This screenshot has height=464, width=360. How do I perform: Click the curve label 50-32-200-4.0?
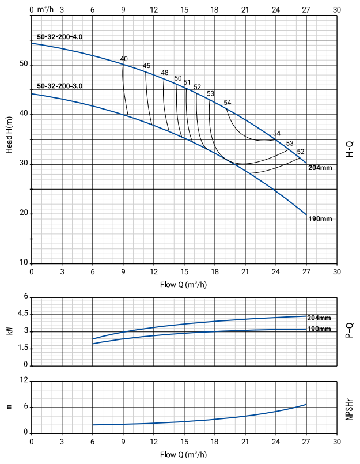click(x=60, y=37)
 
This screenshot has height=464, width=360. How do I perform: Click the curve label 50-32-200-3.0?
click(x=60, y=86)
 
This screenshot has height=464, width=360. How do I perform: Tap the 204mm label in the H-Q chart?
click(x=320, y=168)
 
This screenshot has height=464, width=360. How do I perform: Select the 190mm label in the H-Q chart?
click(x=320, y=219)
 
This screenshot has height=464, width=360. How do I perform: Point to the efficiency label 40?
click(x=124, y=59)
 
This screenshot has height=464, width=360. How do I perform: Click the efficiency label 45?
click(x=146, y=66)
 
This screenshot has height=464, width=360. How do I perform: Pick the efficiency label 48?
click(x=165, y=73)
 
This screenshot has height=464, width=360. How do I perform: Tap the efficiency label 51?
click(x=187, y=82)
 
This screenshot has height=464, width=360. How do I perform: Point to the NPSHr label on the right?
click(x=349, y=408)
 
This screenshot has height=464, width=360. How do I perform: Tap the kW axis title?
click(x=9, y=331)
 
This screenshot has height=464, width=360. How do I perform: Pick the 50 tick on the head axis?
click(x=24, y=64)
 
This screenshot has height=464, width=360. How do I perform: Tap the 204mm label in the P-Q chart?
click(x=319, y=318)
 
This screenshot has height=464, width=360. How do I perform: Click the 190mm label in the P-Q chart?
click(x=319, y=329)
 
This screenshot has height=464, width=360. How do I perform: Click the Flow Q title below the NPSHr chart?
click(x=184, y=454)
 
